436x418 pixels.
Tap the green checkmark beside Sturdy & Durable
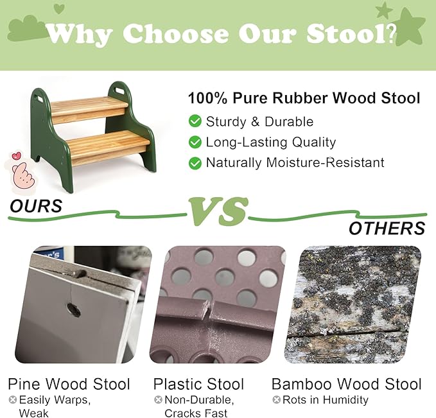click(195, 121)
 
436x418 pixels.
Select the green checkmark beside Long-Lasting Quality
click(195, 143)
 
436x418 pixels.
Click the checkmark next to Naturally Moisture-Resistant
click(195, 163)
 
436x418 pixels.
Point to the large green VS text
click(218, 211)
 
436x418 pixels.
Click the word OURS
click(36, 205)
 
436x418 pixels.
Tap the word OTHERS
click(387, 228)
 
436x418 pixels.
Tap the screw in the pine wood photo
click(74, 310)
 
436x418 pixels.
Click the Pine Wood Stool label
click(69, 385)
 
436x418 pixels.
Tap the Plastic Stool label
click(198, 385)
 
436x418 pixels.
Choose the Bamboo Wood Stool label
click(347, 385)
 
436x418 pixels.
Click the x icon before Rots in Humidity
click(277, 400)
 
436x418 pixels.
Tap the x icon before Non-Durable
click(158, 400)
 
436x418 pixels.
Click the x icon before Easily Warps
click(12, 400)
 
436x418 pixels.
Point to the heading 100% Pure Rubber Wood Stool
click(304, 98)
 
